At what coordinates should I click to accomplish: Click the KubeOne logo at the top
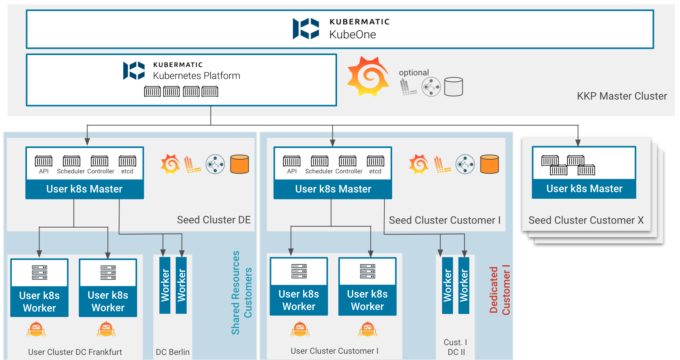point(306,29)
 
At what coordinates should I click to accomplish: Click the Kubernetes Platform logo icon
point(134,71)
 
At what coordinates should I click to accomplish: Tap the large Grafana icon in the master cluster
point(368,77)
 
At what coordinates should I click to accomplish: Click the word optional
point(414,73)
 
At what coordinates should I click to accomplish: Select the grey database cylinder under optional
point(453,87)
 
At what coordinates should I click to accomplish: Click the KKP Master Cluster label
point(622,96)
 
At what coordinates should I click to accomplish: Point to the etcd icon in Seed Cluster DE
point(127,161)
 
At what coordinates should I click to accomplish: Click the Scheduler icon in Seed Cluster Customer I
point(319,161)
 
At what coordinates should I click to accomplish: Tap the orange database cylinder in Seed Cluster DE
point(239,164)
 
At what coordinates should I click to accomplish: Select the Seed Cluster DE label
point(214,220)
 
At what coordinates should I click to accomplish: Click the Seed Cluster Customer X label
point(586,220)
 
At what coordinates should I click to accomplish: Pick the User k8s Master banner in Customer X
point(584,189)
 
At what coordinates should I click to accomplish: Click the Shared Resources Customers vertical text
point(241,293)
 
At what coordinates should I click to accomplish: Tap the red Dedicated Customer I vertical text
point(500,290)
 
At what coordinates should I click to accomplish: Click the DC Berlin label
point(173,352)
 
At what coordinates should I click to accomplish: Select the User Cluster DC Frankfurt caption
point(75,352)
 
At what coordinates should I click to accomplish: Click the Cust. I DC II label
point(455,347)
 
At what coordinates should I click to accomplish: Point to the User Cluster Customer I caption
point(334,351)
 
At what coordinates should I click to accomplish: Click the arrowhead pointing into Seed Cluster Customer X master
point(578,143)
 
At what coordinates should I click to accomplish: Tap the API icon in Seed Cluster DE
point(43,161)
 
